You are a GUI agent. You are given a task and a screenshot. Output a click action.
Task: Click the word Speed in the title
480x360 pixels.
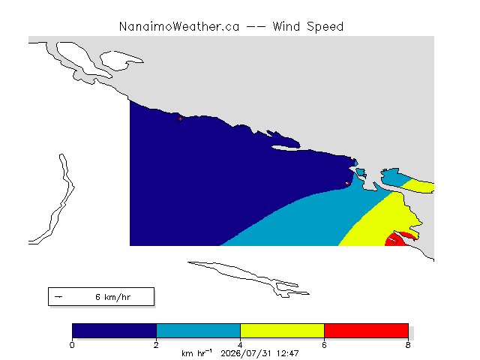coord(325,27)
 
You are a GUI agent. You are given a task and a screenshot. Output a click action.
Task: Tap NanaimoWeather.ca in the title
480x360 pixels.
coord(179,27)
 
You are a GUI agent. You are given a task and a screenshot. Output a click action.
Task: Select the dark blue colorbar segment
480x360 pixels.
coord(114,331)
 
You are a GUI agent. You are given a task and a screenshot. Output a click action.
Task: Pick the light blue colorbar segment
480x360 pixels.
coord(198,331)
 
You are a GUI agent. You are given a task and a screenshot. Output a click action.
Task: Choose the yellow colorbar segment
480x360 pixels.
coord(282,331)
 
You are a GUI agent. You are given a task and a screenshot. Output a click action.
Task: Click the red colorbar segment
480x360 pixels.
coord(366,331)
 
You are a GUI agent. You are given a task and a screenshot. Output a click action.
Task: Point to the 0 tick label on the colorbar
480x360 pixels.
coord(72,345)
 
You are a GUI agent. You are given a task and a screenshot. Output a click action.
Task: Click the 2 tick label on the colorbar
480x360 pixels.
coord(156,345)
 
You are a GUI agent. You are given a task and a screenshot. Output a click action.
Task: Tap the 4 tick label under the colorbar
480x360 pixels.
coord(240,345)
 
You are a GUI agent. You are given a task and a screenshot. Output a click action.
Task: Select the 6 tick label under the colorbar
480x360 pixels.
coord(324,345)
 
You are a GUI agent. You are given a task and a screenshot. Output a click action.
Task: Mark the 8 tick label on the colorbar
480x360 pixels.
coord(408,345)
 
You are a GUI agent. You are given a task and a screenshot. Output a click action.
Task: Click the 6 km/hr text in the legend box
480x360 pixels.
coord(113,297)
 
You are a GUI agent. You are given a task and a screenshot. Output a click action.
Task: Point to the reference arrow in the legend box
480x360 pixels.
coord(58,297)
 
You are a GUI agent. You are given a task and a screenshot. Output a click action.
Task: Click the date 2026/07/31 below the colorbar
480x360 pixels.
coord(247,353)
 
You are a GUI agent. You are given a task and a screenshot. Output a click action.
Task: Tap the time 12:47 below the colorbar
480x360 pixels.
coord(287,353)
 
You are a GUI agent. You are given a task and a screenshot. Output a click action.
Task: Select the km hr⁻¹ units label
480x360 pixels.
coord(196,353)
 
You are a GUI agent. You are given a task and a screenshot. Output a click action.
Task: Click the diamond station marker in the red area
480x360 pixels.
coord(395,241)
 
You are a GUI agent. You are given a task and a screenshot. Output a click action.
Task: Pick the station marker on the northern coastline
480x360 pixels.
coord(180,118)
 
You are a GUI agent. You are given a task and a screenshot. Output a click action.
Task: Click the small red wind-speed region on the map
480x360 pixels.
coord(398,239)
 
